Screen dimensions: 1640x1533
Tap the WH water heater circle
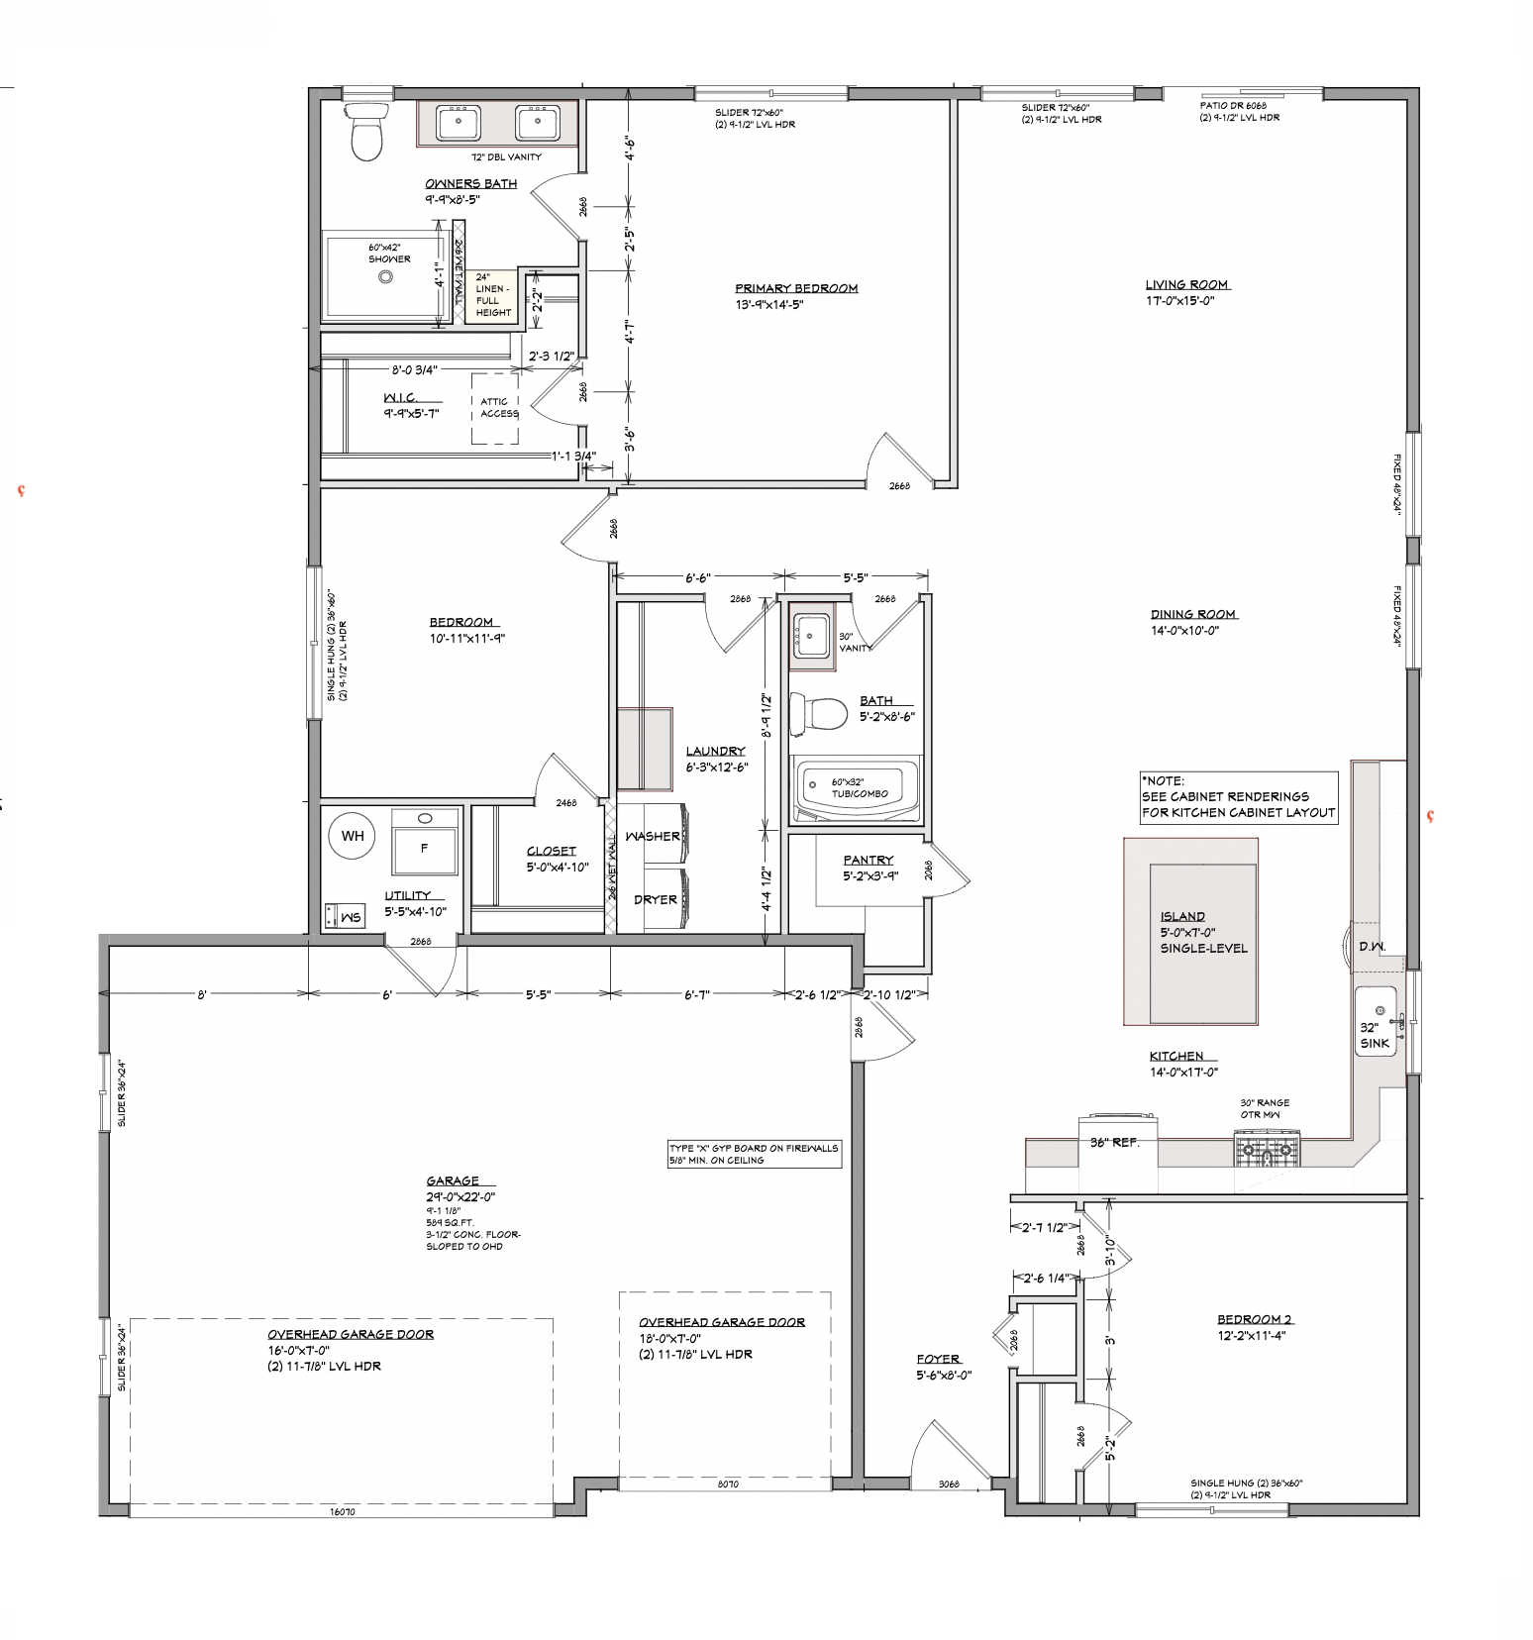click(353, 836)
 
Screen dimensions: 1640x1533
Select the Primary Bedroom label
click(796, 288)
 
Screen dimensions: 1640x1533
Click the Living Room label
click(1186, 285)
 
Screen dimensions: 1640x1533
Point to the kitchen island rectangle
click(1190, 931)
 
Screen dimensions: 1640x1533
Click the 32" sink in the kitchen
click(1375, 1021)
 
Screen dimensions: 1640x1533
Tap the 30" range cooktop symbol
click(1265, 1148)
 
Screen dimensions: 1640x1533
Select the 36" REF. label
click(1115, 1142)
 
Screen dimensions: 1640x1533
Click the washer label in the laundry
click(653, 836)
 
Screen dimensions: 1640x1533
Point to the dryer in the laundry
click(656, 899)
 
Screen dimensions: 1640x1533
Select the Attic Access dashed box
click(496, 408)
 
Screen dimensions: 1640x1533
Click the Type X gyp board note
click(754, 1154)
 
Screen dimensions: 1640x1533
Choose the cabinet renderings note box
click(1238, 796)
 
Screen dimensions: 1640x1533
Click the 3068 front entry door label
click(949, 1485)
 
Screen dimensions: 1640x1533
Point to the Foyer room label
click(938, 1359)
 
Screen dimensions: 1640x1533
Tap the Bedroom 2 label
click(1255, 1319)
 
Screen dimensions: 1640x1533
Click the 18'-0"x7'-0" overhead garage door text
click(722, 1322)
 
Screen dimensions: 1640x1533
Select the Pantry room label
click(869, 860)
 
